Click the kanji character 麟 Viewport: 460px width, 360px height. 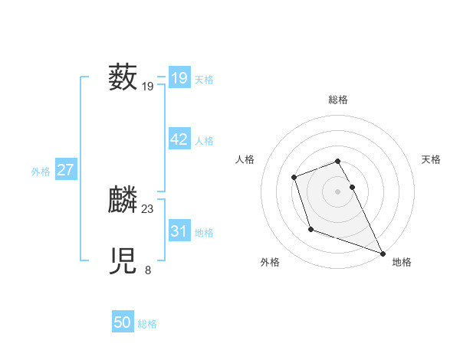click(123, 200)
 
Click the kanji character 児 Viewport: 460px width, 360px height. click(123, 261)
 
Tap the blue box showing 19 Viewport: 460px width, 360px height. click(179, 78)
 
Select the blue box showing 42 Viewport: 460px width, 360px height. click(179, 139)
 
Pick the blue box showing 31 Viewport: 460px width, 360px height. click(179, 231)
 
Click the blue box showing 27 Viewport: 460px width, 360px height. click(65, 170)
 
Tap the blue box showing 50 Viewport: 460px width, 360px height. click(122, 323)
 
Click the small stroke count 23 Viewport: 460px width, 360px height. click(148, 208)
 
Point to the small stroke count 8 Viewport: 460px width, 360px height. click(148, 270)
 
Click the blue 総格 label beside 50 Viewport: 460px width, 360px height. click(147, 325)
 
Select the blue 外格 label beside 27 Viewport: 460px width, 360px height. click(41, 172)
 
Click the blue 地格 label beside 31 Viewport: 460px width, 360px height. click(204, 233)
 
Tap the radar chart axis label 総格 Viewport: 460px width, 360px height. click(338, 100)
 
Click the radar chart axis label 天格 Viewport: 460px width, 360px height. click(431, 159)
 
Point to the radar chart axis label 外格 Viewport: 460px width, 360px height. click(270, 262)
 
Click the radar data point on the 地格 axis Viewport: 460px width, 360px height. click(383, 253)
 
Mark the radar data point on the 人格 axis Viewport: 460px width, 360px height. click(294, 178)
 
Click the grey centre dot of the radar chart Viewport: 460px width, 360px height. click(338, 191)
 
